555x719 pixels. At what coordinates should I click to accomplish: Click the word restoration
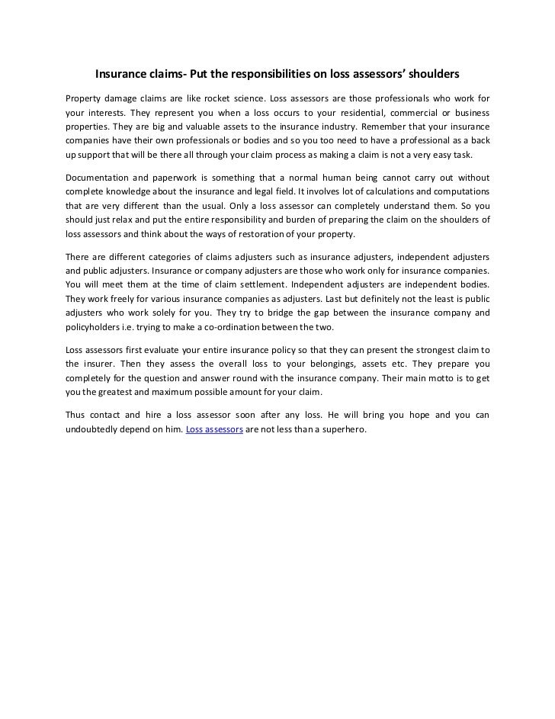coord(300,233)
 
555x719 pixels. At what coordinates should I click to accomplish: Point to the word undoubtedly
coord(95,429)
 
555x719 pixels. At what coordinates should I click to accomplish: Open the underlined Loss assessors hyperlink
coord(214,429)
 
